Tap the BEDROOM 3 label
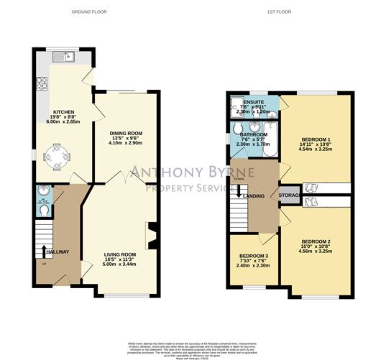[252, 257]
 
